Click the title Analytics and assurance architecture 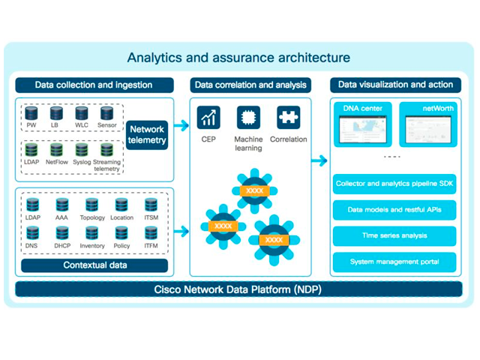[x=238, y=58]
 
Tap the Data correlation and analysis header [x=250, y=85]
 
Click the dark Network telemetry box [x=147, y=134]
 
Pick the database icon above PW [x=31, y=113]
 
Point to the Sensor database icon [x=106, y=113]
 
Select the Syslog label [x=82, y=162]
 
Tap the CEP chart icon [x=208, y=118]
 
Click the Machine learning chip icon [x=248, y=118]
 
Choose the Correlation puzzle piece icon [x=288, y=118]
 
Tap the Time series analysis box [x=394, y=235]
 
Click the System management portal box [x=394, y=262]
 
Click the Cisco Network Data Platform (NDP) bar [x=238, y=289]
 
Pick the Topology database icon [x=91, y=205]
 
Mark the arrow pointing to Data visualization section [x=319, y=160]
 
